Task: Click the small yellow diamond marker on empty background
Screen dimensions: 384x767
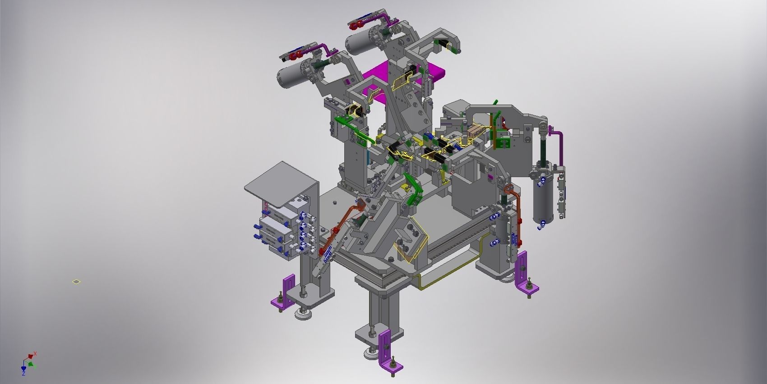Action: tap(77, 282)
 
